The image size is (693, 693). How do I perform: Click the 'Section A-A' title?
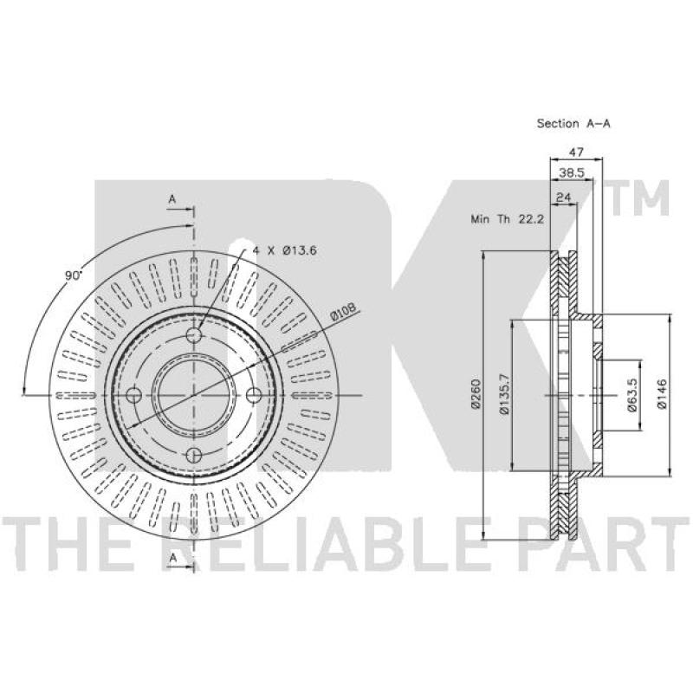(x=573, y=123)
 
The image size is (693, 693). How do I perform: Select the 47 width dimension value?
(x=576, y=152)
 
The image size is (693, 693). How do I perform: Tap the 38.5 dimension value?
(x=572, y=172)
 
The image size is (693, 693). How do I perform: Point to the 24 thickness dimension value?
(x=563, y=198)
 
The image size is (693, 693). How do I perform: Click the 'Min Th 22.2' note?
(x=507, y=219)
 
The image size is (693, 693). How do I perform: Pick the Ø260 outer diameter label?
(x=476, y=394)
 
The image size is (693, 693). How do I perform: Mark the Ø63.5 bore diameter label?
(x=632, y=395)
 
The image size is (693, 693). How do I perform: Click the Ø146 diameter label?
(x=662, y=394)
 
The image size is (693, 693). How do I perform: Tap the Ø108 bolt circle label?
(x=343, y=313)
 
